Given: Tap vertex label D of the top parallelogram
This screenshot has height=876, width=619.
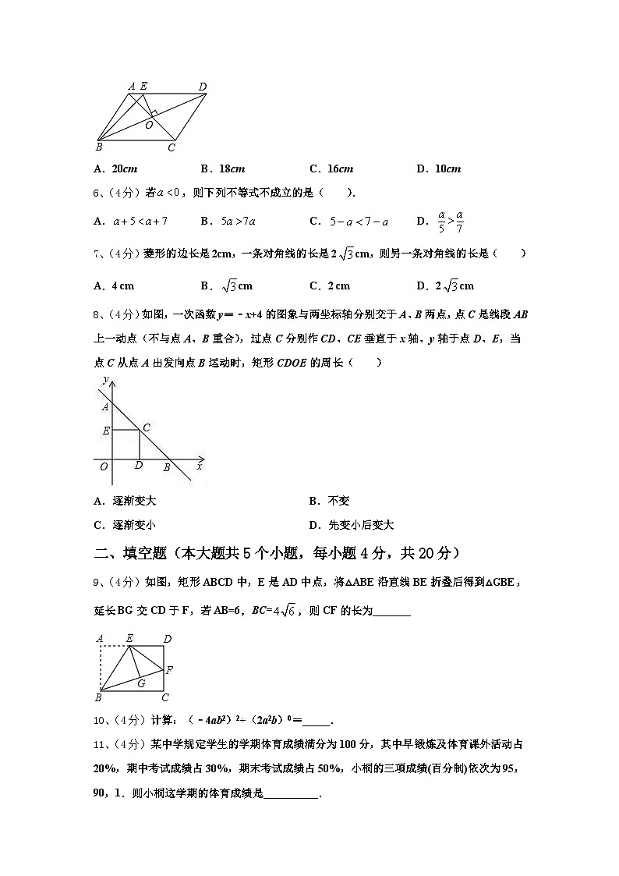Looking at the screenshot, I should [202, 87].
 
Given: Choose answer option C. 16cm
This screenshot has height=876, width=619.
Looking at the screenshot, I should [331, 168].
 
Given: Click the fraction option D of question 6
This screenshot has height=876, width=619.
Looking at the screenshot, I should [441, 221].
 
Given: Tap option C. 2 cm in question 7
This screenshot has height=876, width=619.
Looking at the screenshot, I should [330, 286].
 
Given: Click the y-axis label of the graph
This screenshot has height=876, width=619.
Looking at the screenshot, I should [105, 379].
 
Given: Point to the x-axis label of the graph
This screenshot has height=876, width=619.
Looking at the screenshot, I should [200, 466].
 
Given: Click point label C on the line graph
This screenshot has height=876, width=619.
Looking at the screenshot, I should [146, 427].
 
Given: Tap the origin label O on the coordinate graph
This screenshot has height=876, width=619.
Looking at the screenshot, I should [104, 466].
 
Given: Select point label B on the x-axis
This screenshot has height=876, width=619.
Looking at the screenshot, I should [166, 467].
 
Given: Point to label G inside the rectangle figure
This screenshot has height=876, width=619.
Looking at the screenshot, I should [141, 683].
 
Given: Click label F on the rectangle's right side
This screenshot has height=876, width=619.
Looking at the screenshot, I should [169, 669].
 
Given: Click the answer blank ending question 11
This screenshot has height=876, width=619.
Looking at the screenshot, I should [292, 794].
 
